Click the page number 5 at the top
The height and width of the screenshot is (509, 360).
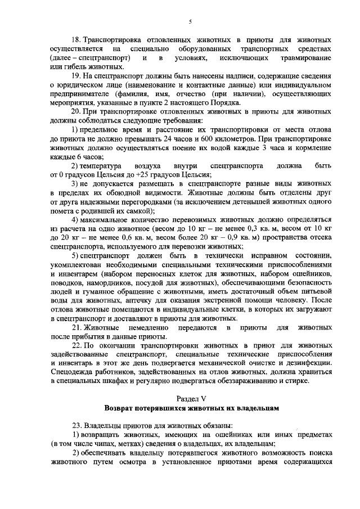(x=191, y=22)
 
